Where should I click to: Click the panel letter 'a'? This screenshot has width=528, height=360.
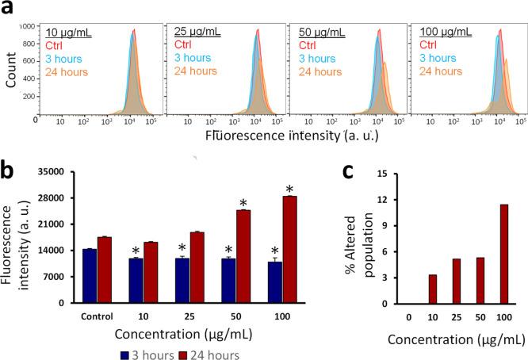[x=9, y=10]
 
